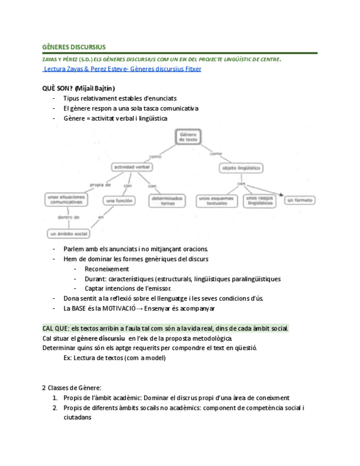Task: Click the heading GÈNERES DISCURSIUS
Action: click(x=74, y=47)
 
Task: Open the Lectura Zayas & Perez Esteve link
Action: click(x=122, y=69)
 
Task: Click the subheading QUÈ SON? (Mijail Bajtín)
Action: click(x=79, y=88)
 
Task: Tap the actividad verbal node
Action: click(x=132, y=167)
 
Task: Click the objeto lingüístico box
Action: click(x=240, y=167)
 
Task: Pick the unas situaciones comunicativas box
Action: click(x=67, y=199)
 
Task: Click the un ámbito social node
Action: click(x=69, y=234)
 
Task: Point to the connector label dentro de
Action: click(x=68, y=217)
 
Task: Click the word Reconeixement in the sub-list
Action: click(x=107, y=269)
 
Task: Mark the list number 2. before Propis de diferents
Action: click(x=56, y=408)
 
